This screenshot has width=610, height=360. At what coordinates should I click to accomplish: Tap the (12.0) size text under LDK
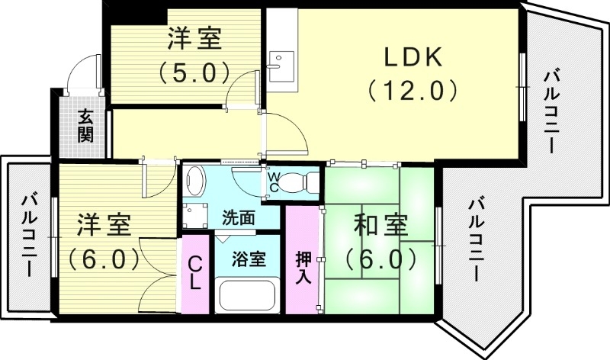tap(413, 91)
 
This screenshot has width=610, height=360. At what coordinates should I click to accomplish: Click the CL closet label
tap(194, 272)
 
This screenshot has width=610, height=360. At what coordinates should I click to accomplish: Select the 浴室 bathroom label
tap(249, 259)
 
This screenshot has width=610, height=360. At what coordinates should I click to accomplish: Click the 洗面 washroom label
tap(238, 217)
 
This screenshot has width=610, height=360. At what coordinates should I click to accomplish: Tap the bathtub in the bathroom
tap(249, 296)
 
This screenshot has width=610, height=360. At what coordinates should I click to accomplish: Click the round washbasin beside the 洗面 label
tap(196, 182)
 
